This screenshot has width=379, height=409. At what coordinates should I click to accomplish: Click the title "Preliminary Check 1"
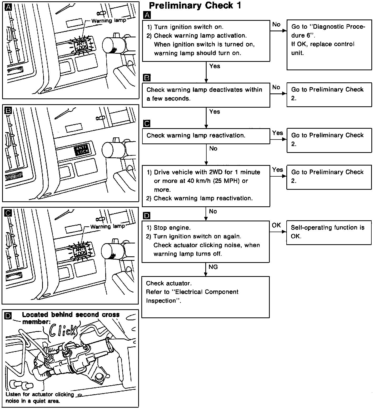(x=195, y=6)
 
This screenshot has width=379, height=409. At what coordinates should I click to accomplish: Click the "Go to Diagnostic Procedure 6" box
(x=329, y=45)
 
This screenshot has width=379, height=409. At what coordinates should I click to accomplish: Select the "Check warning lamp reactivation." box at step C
(x=206, y=136)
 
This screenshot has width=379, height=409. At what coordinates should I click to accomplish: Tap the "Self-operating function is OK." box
(x=329, y=232)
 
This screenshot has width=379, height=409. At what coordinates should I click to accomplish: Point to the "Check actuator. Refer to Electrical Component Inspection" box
(x=206, y=297)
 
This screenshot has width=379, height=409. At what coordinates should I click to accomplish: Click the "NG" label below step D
(x=213, y=267)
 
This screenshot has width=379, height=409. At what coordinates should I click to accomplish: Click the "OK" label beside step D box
(x=276, y=225)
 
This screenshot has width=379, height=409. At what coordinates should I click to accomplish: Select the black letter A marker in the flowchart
(x=147, y=15)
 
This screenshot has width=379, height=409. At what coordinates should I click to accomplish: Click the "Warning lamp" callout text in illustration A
(x=109, y=21)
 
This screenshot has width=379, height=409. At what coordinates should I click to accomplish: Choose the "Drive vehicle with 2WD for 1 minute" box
(x=206, y=186)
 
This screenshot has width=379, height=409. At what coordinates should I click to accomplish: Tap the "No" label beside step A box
(x=276, y=24)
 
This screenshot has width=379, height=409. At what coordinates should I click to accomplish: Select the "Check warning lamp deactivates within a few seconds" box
(x=206, y=95)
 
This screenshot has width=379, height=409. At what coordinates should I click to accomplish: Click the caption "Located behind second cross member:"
(x=71, y=318)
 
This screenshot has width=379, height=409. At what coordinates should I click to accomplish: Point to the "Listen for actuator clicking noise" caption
(x=40, y=397)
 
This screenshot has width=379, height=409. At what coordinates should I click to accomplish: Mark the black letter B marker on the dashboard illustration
(x=8, y=111)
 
